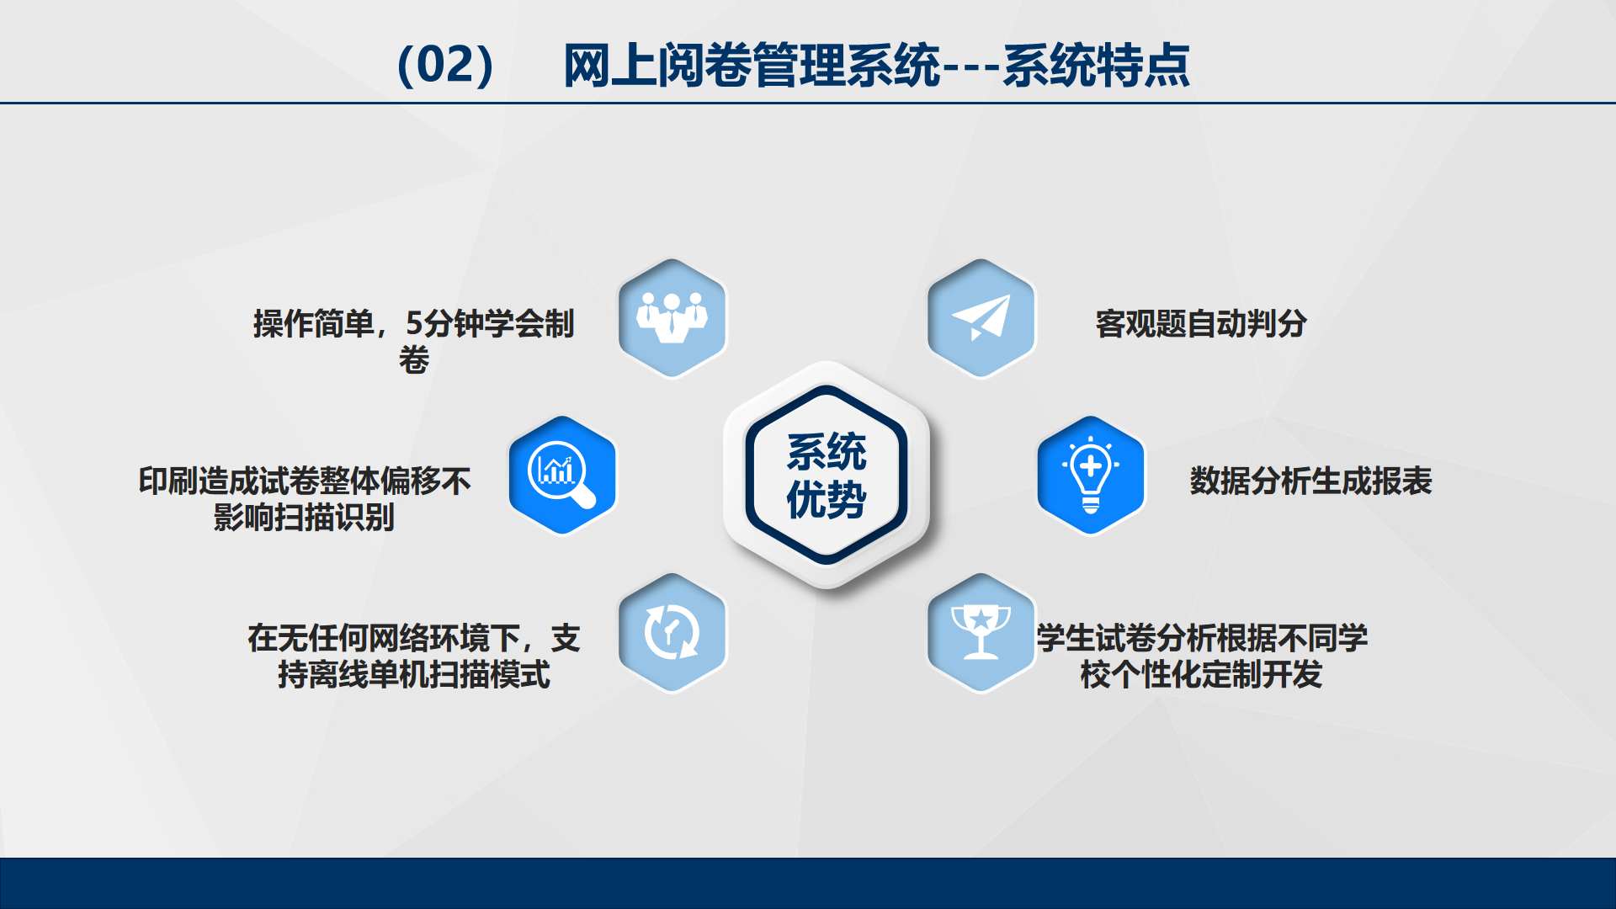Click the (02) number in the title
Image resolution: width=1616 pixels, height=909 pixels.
point(445,65)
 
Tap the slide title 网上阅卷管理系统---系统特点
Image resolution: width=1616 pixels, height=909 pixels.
point(876,65)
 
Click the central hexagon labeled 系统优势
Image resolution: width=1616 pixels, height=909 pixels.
point(827,475)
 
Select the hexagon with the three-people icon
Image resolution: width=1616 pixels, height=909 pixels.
point(672,318)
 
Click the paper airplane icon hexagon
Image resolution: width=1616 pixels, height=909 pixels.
point(981,318)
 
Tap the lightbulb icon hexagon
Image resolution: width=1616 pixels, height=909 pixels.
point(1091,476)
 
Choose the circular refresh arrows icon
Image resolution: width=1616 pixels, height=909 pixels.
point(672,632)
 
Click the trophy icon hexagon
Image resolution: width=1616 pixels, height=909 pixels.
point(981,633)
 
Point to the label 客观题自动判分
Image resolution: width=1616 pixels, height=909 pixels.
point(1200,323)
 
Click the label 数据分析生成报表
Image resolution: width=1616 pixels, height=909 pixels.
point(1310,481)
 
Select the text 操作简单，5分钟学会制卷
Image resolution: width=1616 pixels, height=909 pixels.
point(414,341)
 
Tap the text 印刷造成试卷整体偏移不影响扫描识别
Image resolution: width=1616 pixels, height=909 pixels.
point(305,498)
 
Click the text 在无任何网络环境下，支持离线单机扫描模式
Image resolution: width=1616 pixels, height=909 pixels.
point(414,656)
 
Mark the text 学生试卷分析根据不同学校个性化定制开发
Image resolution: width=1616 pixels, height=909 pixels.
point(1202,656)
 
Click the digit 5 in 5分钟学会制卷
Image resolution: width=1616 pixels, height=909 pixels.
point(414,323)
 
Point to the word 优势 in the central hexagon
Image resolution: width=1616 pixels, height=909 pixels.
point(827,500)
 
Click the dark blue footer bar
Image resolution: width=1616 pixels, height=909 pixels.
point(808,883)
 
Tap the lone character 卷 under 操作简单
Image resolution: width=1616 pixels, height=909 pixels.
point(414,359)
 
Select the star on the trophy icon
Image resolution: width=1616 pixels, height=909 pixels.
point(981,619)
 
